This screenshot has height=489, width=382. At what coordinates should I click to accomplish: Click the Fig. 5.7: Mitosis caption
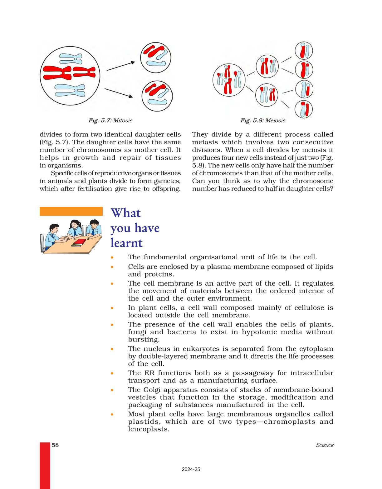point(110,121)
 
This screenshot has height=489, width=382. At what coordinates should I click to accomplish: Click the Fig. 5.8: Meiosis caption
point(263,121)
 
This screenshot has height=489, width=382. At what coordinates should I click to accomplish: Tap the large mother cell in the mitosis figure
point(70,76)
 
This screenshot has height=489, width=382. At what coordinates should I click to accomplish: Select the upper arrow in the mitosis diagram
point(121,66)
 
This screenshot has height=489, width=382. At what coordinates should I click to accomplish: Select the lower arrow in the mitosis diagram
point(119,93)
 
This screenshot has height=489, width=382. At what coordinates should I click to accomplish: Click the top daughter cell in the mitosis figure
point(156,58)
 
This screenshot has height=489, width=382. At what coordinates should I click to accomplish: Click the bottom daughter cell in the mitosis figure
point(157,96)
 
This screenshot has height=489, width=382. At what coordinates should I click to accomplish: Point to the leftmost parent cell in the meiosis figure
point(228,80)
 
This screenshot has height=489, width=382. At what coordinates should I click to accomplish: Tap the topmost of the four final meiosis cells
point(304,51)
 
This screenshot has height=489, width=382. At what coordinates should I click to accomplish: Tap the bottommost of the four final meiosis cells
point(304,109)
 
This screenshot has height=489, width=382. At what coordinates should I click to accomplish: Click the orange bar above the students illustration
point(71,211)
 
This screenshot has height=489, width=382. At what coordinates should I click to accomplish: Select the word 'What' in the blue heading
point(126,213)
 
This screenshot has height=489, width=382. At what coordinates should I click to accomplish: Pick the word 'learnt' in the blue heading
point(127,243)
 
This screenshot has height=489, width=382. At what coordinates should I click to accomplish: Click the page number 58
point(55,445)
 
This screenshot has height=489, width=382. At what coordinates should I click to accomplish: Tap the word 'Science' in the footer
point(325,445)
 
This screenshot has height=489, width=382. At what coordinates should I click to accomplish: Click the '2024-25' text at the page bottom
point(191,469)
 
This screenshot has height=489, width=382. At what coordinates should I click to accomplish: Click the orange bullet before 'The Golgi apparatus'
point(112,390)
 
